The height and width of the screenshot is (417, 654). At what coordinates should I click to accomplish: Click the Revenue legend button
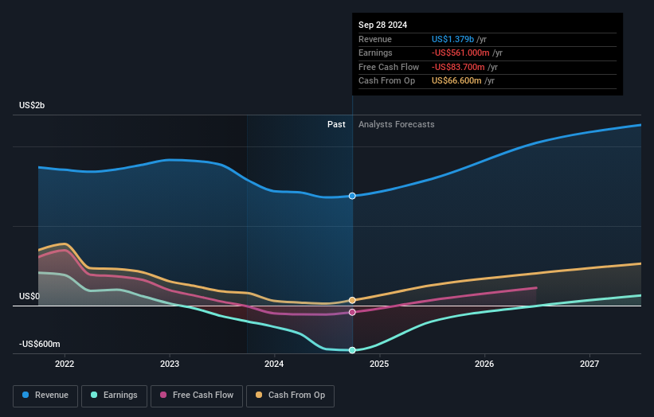click(x=46, y=395)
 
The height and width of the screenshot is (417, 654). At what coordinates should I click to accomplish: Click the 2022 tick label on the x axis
click(x=65, y=364)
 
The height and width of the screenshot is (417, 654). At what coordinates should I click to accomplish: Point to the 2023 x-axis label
click(x=170, y=364)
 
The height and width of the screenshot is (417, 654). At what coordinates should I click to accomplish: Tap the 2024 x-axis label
click(x=274, y=364)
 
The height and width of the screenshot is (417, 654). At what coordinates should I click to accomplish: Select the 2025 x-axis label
click(x=379, y=364)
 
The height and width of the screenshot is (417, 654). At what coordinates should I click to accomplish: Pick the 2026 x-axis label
click(x=484, y=364)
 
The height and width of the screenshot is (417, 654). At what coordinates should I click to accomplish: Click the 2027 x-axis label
click(x=589, y=364)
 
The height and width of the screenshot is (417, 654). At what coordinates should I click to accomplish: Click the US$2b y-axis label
click(x=33, y=105)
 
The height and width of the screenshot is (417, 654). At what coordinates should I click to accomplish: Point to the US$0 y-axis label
click(x=29, y=296)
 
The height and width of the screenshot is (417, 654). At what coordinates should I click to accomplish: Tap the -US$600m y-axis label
click(x=39, y=344)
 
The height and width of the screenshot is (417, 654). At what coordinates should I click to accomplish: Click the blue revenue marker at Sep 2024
click(x=352, y=196)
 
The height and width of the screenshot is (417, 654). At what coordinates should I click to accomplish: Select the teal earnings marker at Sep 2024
click(x=352, y=350)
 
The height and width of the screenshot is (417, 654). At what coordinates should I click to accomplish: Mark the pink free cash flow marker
click(x=352, y=312)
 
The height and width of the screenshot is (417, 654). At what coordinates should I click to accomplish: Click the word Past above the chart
click(x=336, y=124)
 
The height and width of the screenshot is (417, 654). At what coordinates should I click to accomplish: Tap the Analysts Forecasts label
click(x=397, y=124)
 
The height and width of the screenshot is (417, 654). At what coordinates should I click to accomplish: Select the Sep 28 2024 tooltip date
click(x=382, y=25)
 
